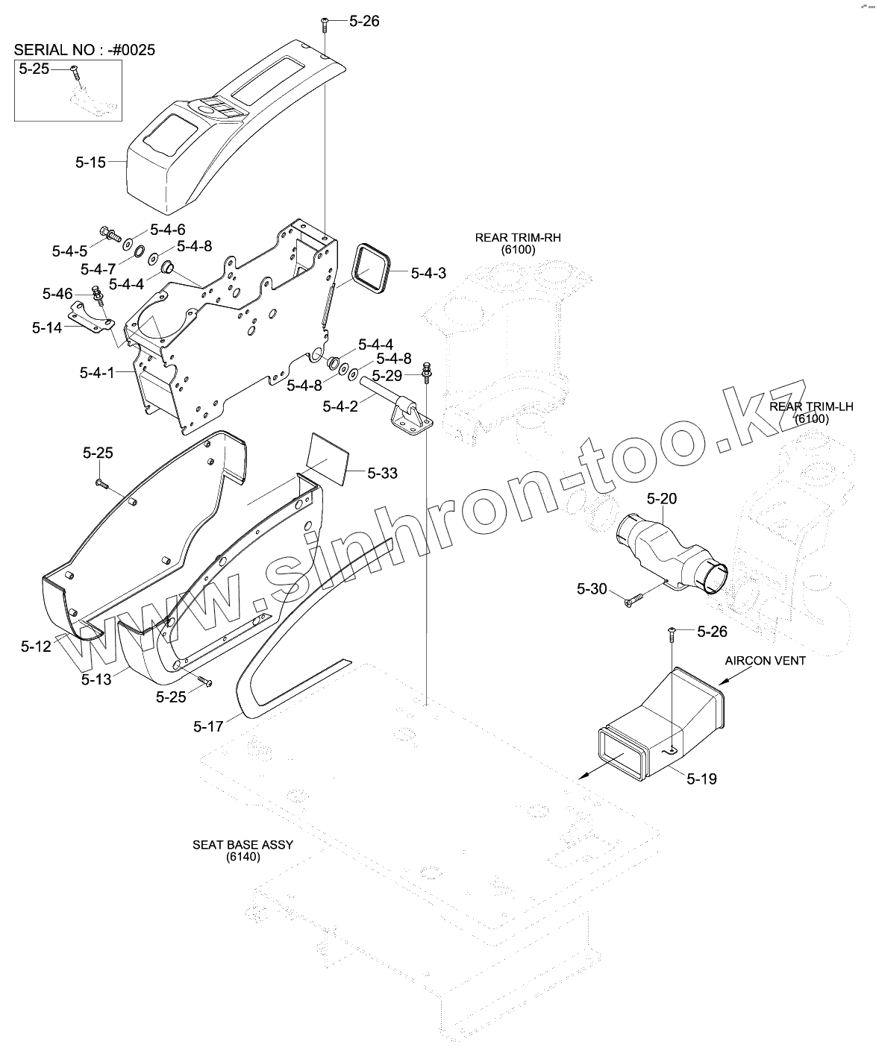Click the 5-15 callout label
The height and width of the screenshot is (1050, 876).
pyautogui.click(x=90, y=160)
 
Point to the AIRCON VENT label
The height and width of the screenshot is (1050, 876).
pyautogui.click(x=766, y=661)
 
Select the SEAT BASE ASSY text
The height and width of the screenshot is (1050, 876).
pyautogui.click(x=243, y=844)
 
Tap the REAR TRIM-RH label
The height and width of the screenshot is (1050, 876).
pyautogui.click(x=518, y=238)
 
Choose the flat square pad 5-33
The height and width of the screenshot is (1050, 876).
pyautogui.click(x=328, y=456)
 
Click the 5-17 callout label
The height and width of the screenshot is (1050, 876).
pyautogui.click(x=208, y=726)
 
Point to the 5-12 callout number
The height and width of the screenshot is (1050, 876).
pyautogui.click(x=36, y=646)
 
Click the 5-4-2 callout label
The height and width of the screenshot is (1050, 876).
pyautogui.click(x=340, y=406)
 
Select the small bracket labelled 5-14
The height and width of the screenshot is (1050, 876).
pyautogui.click(x=89, y=318)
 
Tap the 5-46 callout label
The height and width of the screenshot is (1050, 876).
pyautogui.click(x=57, y=293)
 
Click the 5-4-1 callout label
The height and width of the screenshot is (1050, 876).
pyautogui.click(x=97, y=371)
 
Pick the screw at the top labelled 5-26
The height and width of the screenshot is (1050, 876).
pyautogui.click(x=325, y=25)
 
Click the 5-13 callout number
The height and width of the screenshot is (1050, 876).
pyautogui.click(x=96, y=679)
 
